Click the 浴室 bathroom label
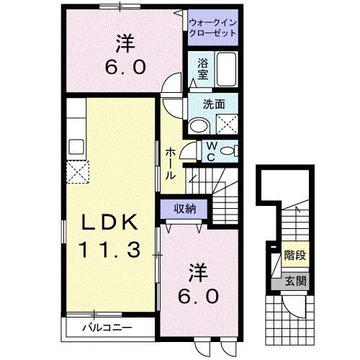[204, 68]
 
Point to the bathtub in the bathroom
[226, 70]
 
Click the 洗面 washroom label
[214, 103]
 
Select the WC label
[212, 152]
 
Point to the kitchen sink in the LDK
[76, 145]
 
